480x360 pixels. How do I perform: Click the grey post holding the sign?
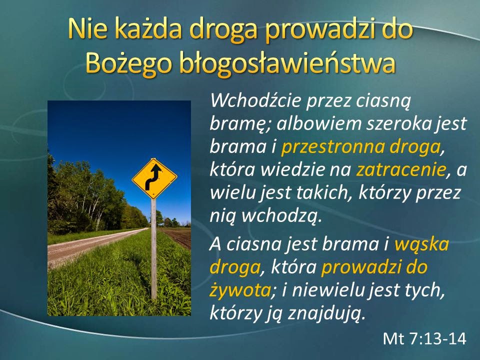pyautogui.click(x=153, y=250)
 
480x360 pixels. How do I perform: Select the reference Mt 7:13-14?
pyautogui.click(x=424, y=338)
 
